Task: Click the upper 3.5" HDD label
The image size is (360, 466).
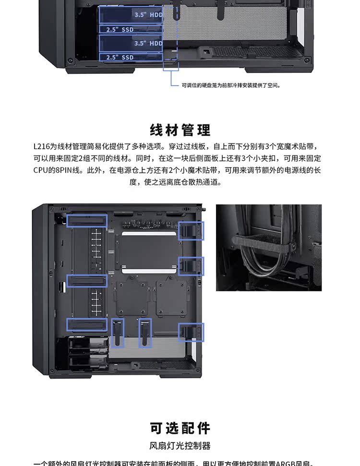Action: [x=148, y=15]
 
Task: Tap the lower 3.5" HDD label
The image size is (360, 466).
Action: [x=148, y=43]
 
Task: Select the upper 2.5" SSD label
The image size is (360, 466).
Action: [x=120, y=30]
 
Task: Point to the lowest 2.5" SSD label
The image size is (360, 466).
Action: [x=120, y=58]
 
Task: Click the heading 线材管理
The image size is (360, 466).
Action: [x=180, y=130]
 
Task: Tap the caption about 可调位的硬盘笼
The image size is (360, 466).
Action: [x=231, y=85]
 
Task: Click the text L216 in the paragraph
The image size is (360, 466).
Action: [x=42, y=146]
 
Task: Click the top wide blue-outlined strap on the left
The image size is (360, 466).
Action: [x=86, y=221]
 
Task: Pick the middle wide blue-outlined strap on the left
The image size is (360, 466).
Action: [x=86, y=281]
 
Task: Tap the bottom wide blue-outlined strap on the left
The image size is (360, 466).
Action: [x=86, y=324]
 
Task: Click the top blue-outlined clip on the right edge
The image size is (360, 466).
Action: [x=191, y=231]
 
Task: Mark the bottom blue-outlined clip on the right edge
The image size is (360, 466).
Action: [x=191, y=332]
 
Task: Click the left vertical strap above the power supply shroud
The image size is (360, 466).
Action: [x=118, y=333]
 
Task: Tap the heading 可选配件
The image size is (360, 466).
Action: [x=180, y=429]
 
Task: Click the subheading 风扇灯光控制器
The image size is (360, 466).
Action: [x=180, y=446]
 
